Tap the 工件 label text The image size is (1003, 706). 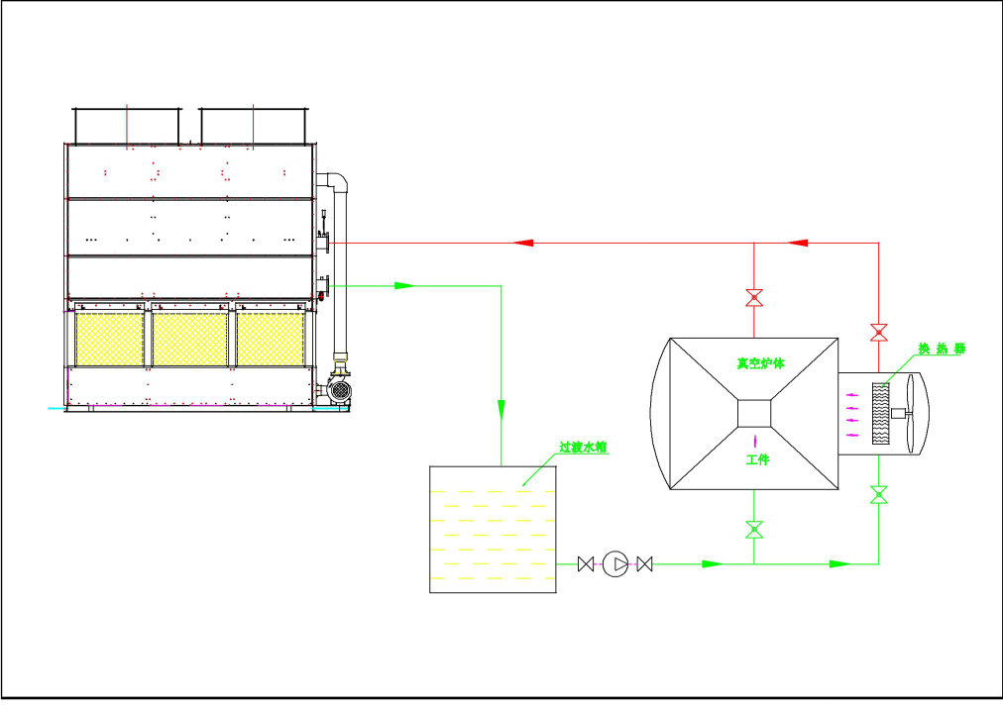[757, 460]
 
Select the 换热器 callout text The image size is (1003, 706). [941, 349]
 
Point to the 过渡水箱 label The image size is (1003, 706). [582, 448]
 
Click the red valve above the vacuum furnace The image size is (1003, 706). [754, 297]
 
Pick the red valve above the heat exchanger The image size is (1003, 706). [877, 331]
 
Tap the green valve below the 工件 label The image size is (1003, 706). [754, 529]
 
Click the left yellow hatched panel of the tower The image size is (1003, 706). [110, 340]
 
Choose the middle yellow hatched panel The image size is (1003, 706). [191, 340]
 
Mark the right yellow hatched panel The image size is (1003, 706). [270, 340]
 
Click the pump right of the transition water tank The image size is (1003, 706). [613, 564]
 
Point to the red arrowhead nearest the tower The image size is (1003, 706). [525, 243]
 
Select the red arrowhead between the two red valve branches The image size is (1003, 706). [799, 242]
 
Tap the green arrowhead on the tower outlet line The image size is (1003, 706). [402, 286]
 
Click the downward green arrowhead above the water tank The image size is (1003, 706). [501, 406]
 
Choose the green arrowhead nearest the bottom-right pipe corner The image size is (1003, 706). [838, 564]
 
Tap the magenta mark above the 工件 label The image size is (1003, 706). [756, 437]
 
